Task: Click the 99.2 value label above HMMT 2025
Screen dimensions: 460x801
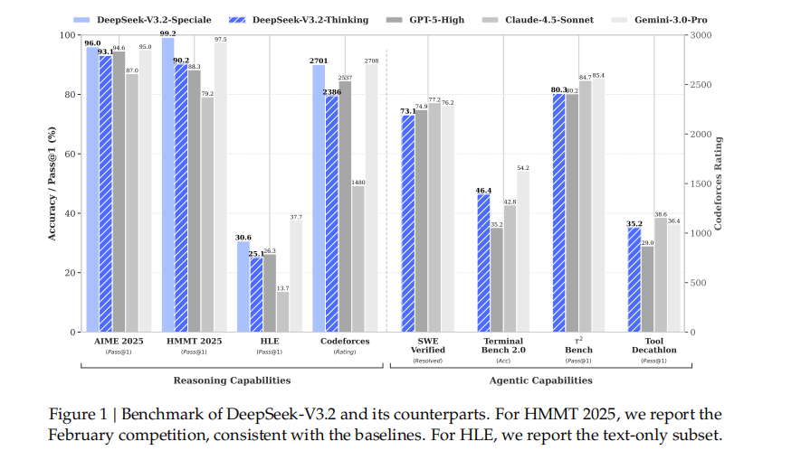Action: tap(168, 33)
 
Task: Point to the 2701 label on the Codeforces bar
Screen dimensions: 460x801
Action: tap(319, 61)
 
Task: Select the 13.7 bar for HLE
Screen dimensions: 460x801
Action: tap(282, 312)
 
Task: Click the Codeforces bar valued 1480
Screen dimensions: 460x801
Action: tap(358, 258)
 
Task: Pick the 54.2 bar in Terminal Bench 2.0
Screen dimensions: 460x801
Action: tap(522, 251)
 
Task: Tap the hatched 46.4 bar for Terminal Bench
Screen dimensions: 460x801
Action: tap(483, 263)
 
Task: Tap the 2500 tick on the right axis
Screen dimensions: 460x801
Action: tap(701, 85)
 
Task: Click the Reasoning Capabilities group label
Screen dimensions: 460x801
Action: tap(233, 380)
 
